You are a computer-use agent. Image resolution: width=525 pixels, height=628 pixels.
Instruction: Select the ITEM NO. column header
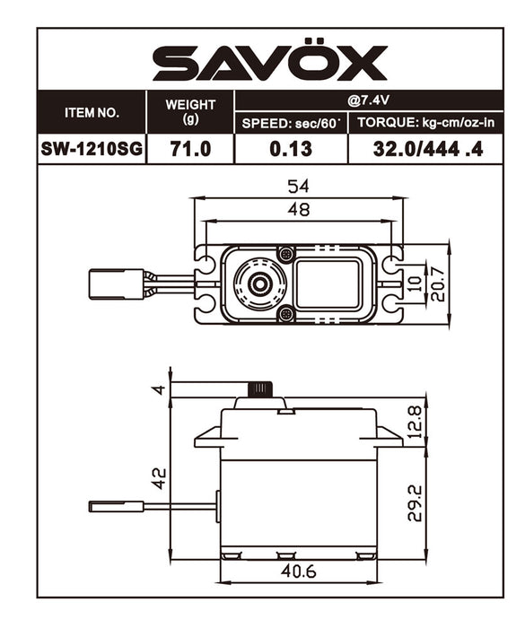(x=91, y=113)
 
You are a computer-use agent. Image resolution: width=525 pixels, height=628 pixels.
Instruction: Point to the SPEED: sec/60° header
(x=291, y=123)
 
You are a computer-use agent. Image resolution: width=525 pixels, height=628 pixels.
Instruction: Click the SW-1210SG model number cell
(x=91, y=149)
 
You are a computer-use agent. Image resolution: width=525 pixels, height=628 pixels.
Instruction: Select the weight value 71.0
(x=189, y=149)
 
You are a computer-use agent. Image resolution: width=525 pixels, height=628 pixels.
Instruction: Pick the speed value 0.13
(x=291, y=149)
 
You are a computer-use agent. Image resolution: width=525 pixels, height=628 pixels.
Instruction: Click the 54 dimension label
(x=299, y=188)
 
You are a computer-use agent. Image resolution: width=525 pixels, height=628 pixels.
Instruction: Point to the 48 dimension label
(x=299, y=210)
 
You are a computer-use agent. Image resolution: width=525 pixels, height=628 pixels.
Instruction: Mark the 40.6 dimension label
(x=299, y=570)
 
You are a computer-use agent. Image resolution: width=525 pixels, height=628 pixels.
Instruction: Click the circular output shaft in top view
(x=260, y=283)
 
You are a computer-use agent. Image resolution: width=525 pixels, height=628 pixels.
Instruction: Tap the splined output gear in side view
(x=260, y=389)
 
